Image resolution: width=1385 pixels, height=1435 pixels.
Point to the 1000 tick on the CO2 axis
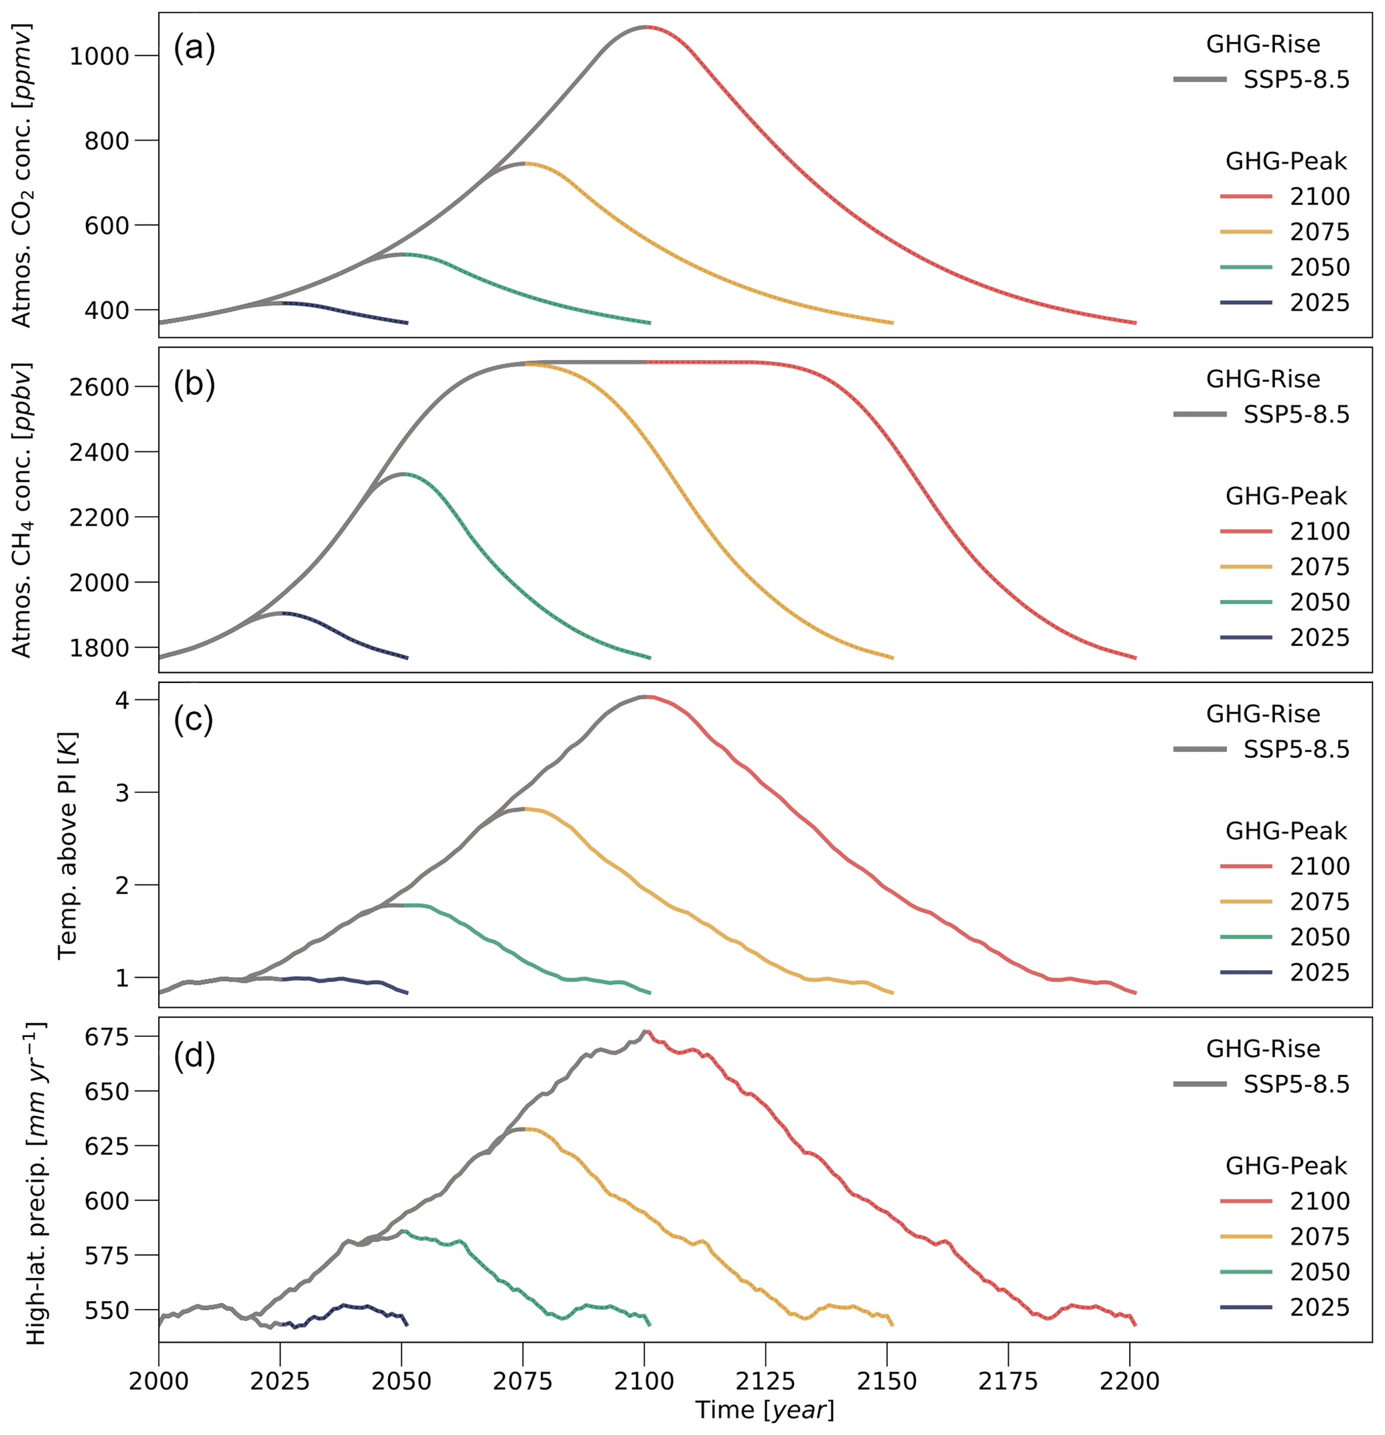[109, 56]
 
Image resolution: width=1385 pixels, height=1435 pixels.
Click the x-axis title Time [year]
[765, 1410]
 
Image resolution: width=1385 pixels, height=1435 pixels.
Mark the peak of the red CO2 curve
[646, 27]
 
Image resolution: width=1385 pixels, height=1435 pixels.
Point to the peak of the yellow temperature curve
[524, 809]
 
